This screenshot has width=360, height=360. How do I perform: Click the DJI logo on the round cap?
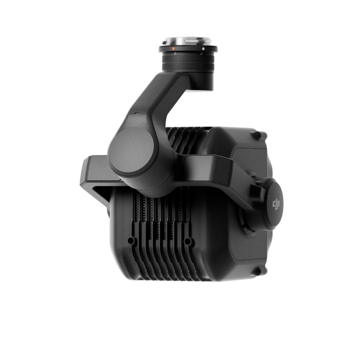point(276,204)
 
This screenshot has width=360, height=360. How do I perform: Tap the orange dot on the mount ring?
point(174,49)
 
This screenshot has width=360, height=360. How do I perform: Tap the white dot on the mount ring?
point(203,49)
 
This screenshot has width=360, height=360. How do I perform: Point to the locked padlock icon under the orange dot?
point(175,54)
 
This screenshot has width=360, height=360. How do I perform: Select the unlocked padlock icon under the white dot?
point(201,54)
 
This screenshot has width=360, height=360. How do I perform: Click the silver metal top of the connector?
point(188,41)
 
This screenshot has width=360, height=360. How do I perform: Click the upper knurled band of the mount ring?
point(188,58)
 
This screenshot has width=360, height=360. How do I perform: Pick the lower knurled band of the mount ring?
point(188,66)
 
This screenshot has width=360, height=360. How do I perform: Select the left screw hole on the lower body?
point(131,240)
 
